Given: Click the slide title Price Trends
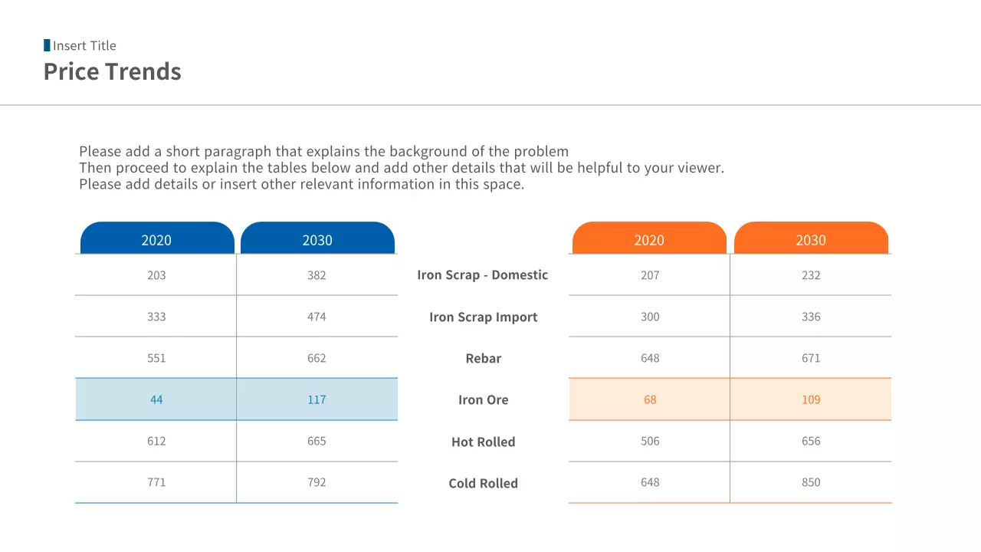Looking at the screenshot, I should tap(113, 71).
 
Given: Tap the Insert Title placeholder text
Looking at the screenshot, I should tap(84, 46).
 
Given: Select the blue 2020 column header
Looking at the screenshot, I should tap(156, 240).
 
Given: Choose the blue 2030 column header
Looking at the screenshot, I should tap(317, 240).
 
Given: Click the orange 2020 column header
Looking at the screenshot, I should tap(649, 240).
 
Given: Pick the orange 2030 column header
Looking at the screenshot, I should tap(811, 240).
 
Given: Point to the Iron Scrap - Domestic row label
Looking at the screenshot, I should tap(483, 275).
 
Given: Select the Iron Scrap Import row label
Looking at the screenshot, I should tap(483, 317).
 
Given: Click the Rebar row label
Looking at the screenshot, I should tap(483, 359).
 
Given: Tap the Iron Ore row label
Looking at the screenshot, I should tap(483, 400).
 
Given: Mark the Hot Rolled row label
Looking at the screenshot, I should tap(483, 442).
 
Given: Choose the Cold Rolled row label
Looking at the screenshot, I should tap(483, 484).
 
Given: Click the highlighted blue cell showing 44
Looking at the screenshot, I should tap(156, 399).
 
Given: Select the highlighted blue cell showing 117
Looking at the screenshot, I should tap(317, 399).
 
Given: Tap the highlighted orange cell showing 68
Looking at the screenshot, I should tap(650, 399).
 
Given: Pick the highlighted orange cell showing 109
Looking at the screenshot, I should tap(811, 399).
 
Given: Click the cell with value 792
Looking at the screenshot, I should tap(317, 482).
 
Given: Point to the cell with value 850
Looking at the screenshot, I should tap(811, 482).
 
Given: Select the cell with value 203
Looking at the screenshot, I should tap(156, 275).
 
